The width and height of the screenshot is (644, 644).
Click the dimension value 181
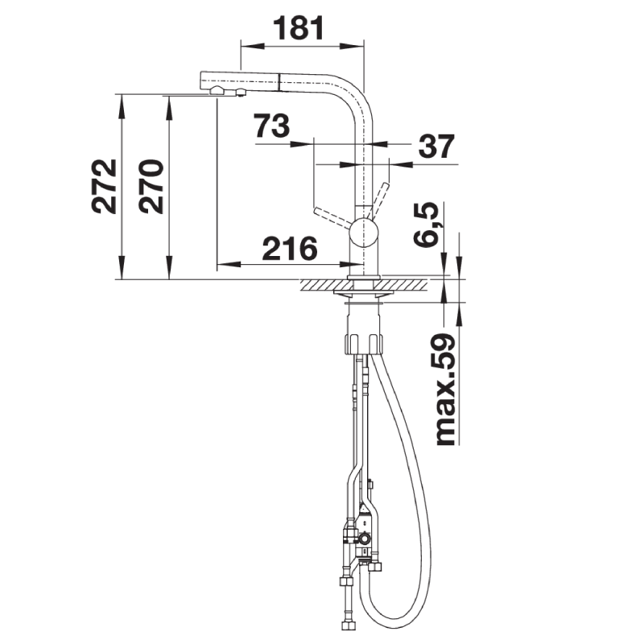pos(299,28)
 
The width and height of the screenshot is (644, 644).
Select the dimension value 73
pos(271,126)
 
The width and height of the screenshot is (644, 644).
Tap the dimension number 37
pos(436,146)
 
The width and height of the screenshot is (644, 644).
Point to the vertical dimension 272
pos(104,186)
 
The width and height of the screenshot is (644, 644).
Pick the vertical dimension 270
pos(151,186)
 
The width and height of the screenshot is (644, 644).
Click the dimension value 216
pos(290,249)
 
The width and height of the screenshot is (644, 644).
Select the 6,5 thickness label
pos(425,225)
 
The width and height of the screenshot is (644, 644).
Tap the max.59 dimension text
pos(446,390)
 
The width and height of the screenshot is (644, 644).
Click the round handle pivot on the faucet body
pos(363,233)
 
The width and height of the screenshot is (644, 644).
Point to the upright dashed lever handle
pos(378,200)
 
